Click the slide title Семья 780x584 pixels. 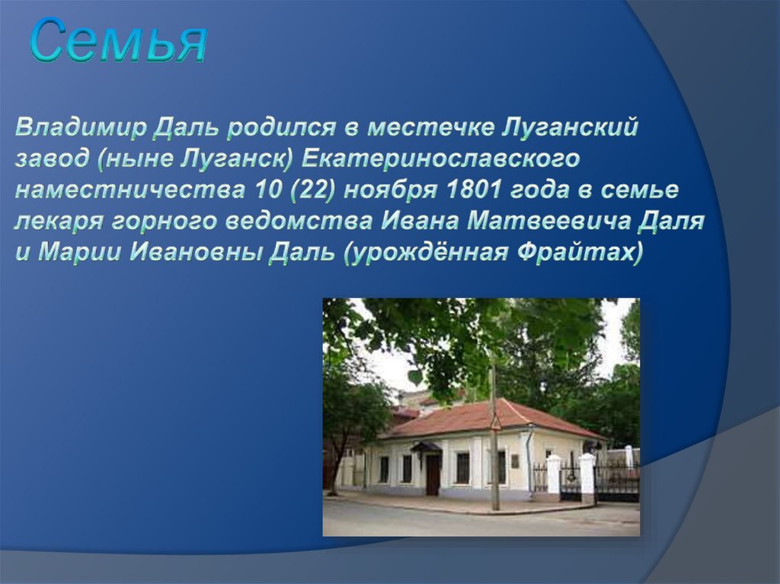tap(119, 43)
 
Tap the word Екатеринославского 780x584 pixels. tap(441, 159)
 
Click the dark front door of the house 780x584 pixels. tap(433, 474)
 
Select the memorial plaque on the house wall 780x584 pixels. tap(515, 461)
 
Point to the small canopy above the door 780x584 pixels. tap(427, 447)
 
